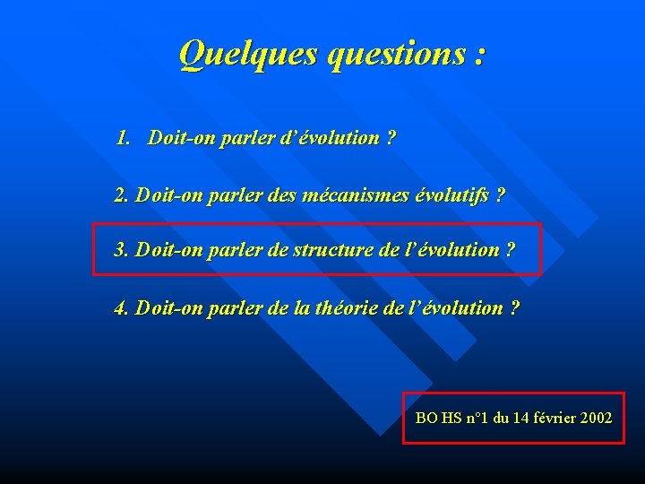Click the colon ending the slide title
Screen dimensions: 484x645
point(481,56)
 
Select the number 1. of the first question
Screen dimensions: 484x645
point(124,138)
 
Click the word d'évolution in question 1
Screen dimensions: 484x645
point(335,138)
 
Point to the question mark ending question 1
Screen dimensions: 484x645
point(391,138)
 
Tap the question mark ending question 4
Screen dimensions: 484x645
point(513,308)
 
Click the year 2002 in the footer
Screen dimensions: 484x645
point(597,418)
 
